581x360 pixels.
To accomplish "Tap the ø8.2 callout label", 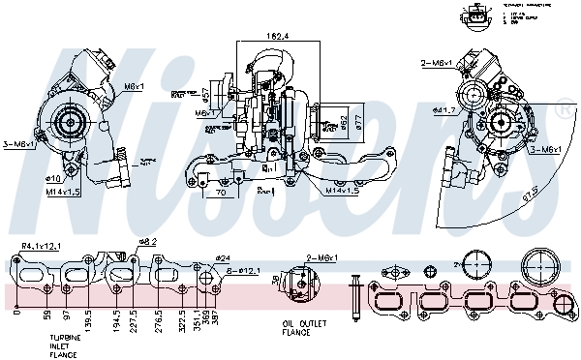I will [146, 241].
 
